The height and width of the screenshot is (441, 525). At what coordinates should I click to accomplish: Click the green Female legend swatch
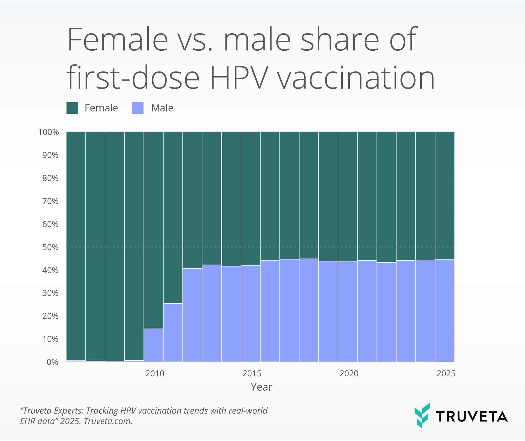pyautogui.click(x=72, y=108)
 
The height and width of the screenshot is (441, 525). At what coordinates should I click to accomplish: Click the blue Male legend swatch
pyautogui.click(x=138, y=108)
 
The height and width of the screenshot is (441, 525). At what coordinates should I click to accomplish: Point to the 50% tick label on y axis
pyautogui.click(x=50, y=247)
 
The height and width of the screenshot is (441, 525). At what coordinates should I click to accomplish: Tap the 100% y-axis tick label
pyautogui.click(x=48, y=132)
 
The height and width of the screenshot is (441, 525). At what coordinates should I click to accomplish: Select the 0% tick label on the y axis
pyautogui.click(x=52, y=362)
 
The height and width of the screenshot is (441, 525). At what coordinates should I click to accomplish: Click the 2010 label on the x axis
pyautogui.click(x=155, y=373)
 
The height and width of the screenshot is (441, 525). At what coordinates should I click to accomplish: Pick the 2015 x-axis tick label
pyautogui.click(x=252, y=373)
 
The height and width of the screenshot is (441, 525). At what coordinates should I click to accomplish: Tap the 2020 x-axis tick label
pyautogui.click(x=349, y=373)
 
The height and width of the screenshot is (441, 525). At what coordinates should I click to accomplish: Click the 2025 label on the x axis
pyautogui.click(x=446, y=373)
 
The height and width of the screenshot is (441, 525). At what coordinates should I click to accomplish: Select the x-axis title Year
pyautogui.click(x=261, y=387)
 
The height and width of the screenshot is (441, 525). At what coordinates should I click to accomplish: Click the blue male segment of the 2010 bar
pyautogui.click(x=153, y=345)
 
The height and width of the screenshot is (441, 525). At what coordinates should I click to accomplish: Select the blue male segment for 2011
pyautogui.click(x=173, y=332)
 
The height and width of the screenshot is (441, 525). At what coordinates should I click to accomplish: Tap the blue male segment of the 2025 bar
pyautogui.click(x=445, y=310)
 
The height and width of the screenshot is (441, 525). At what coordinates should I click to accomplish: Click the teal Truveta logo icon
pyautogui.click(x=422, y=415)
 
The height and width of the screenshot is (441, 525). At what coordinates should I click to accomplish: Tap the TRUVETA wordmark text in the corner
pyautogui.click(x=472, y=417)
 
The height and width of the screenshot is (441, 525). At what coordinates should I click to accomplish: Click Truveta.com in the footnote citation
pyautogui.click(x=108, y=421)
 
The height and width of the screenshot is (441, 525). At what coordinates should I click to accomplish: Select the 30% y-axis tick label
pyautogui.click(x=50, y=293)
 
